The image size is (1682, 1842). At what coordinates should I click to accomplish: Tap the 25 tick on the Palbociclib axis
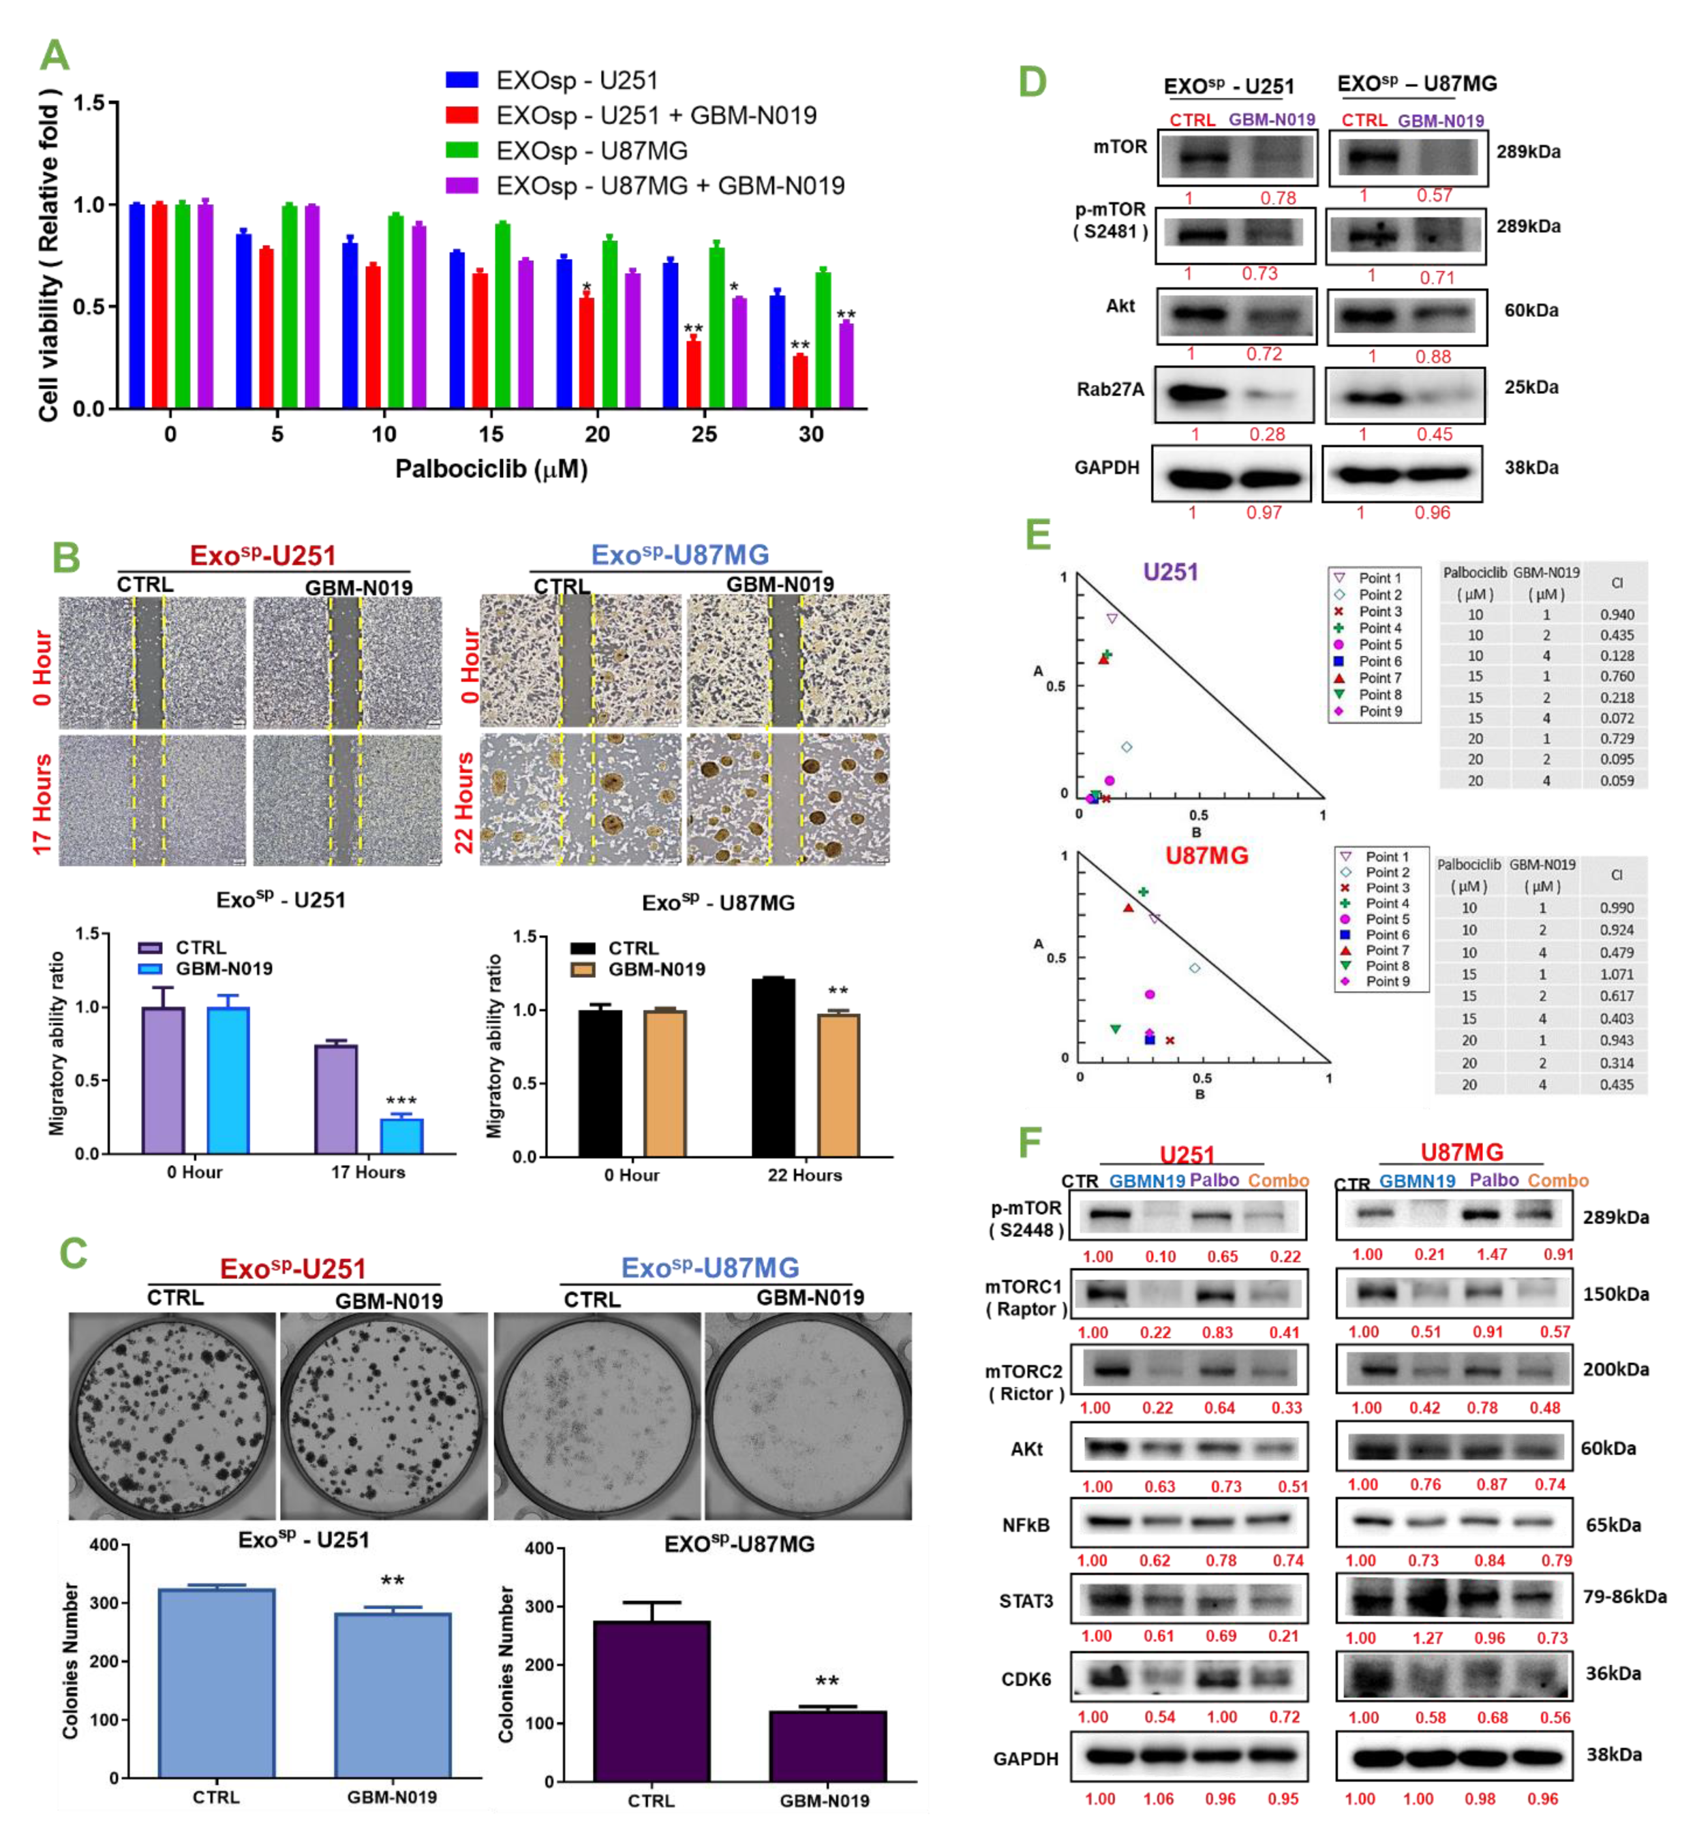[x=704, y=434]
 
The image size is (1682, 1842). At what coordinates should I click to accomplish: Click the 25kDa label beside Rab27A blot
[x=1531, y=387]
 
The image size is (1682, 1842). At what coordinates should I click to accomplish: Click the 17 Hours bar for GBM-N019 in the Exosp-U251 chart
[x=401, y=1136]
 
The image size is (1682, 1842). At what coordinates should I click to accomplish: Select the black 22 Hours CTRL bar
[x=773, y=1067]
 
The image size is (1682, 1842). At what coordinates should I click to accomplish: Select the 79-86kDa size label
[x=1624, y=1596]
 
